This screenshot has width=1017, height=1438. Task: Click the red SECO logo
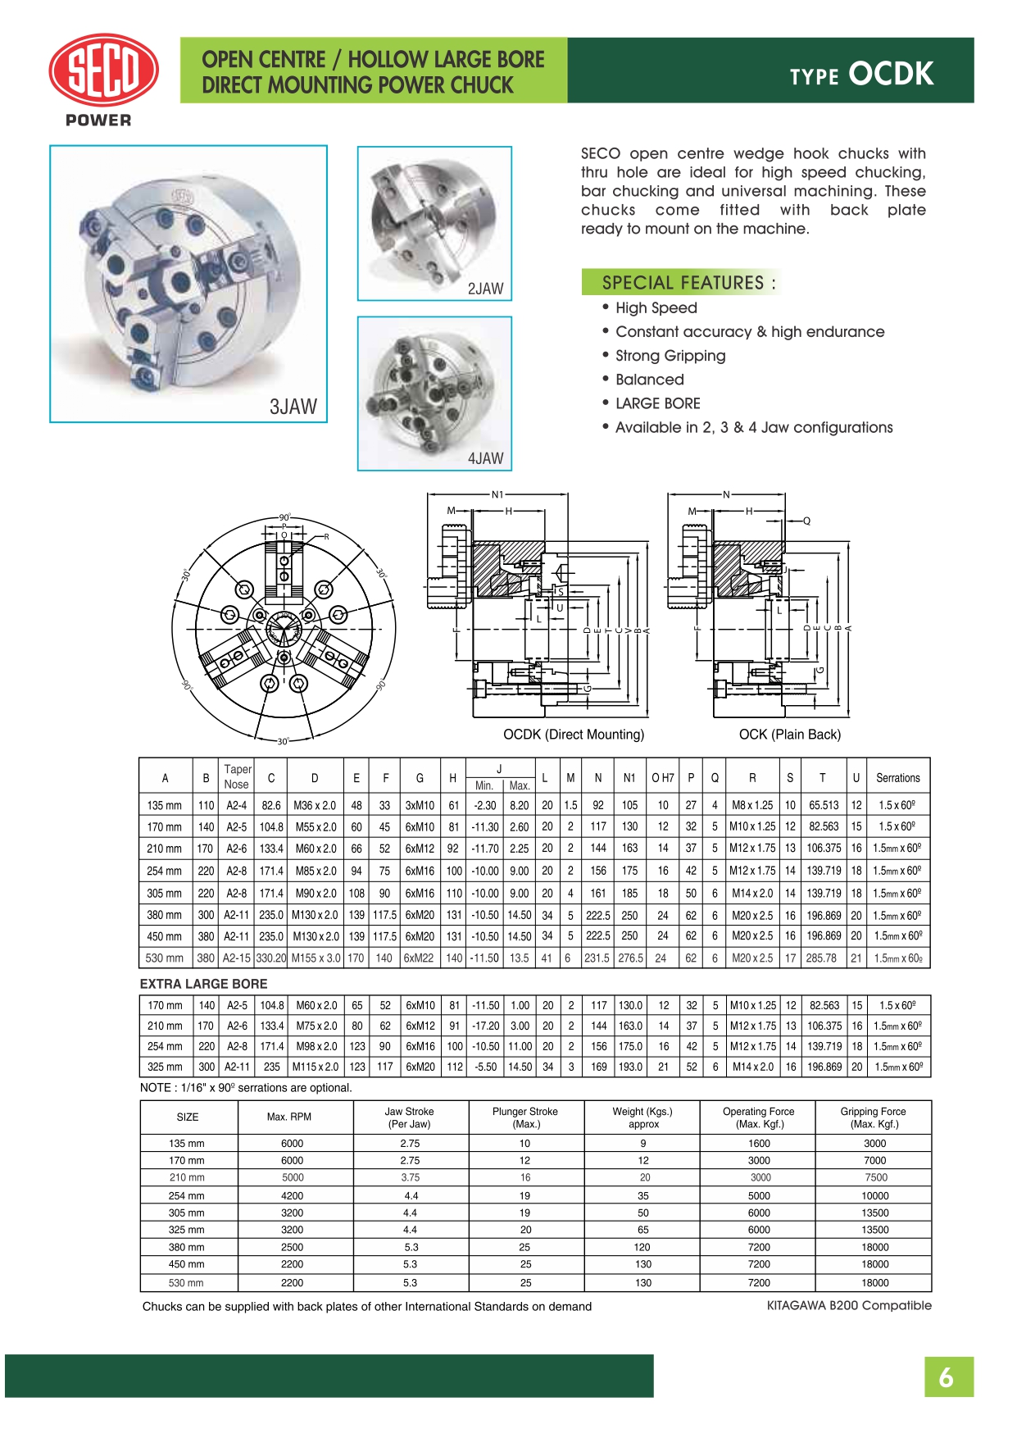click(102, 71)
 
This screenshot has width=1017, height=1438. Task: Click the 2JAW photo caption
click(485, 289)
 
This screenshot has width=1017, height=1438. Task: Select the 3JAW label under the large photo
click(293, 407)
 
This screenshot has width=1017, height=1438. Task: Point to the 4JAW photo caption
click(485, 458)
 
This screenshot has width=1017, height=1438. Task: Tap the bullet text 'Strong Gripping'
click(670, 356)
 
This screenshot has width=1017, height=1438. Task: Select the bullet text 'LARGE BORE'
click(657, 403)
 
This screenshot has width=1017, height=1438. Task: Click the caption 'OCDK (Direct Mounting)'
click(574, 735)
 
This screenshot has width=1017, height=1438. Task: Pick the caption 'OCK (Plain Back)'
click(790, 735)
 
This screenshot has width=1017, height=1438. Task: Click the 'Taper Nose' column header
click(237, 776)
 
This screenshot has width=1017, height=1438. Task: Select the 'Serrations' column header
click(897, 778)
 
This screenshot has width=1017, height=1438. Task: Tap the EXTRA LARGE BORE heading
click(203, 984)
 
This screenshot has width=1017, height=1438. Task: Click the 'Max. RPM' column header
click(288, 1117)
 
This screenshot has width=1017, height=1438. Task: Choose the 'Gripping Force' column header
click(873, 1117)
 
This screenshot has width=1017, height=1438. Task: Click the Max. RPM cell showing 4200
click(292, 1195)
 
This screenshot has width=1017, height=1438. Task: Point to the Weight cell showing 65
click(643, 1230)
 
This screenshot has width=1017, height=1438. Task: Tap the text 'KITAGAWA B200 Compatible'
click(849, 1305)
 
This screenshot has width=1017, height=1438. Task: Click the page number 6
click(947, 1377)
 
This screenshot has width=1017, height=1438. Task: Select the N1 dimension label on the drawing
click(497, 494)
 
